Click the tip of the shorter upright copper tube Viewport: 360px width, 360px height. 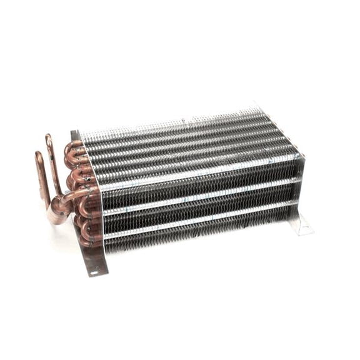click(38, 154)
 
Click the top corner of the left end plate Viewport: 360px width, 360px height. click(74, 132)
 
